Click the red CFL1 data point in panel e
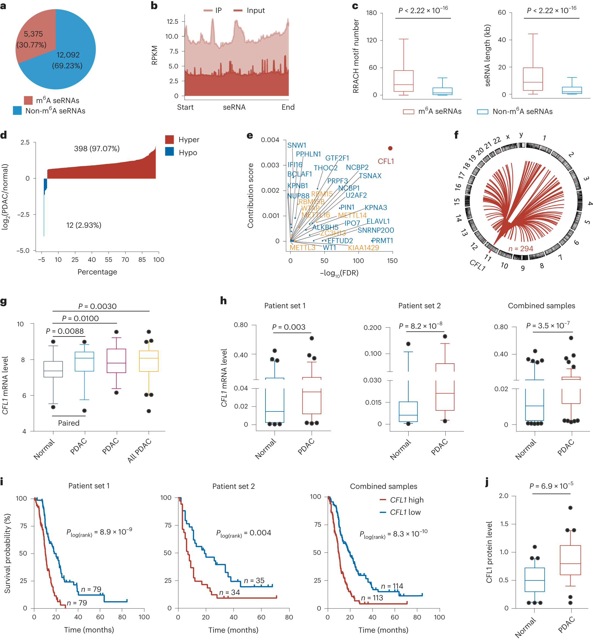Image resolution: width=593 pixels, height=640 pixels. click(x=390, y=148)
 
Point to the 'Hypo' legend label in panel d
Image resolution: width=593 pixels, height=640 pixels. click(x=188, y=153)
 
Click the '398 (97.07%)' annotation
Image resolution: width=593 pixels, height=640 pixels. click(x=97, y=148)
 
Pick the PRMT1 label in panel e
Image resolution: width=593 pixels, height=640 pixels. click(x=382, y=241)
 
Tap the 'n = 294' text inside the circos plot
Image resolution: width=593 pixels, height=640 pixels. click(x=520, y=249)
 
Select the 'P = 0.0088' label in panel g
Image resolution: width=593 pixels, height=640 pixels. click(x=65, y=331)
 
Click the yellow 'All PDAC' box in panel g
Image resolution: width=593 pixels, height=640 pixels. click(x=149, y=361)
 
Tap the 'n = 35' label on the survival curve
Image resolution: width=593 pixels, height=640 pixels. click(x=254, y=580)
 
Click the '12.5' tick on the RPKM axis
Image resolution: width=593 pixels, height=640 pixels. click(x=172, y=22)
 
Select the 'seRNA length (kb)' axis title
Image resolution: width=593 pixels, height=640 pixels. click(x=487, y=55)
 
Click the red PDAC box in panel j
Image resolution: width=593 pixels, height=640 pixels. click(x=570, y=560)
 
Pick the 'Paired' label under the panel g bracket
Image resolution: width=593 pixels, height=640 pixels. click(x=69, y=423)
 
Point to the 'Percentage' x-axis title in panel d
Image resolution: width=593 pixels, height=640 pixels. click(x=97, y=272)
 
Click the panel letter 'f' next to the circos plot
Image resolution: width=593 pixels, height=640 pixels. click(x=456, y=135)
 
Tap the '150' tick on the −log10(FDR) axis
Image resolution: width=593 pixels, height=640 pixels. click(x=392, y=261)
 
